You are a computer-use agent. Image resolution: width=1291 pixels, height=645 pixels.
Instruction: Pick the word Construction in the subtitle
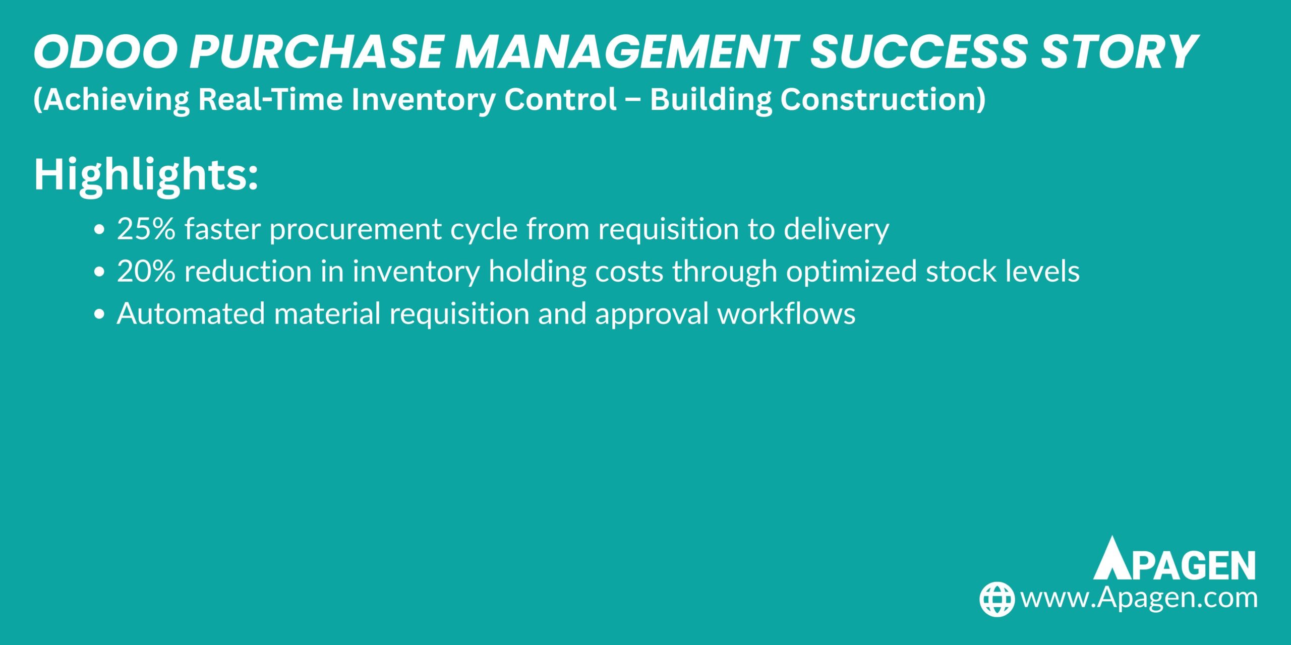(883, 99)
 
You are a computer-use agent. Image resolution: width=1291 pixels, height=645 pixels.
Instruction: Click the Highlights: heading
(146, 175)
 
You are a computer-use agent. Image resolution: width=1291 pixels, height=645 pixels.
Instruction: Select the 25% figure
(146, 229)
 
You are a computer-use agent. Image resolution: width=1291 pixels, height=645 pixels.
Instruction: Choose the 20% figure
(146, 271)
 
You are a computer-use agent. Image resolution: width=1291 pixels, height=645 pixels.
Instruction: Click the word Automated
(191, 313)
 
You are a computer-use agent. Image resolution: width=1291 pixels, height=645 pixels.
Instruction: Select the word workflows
(786, 313)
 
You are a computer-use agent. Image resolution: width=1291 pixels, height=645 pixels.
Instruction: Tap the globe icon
(996, 599)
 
